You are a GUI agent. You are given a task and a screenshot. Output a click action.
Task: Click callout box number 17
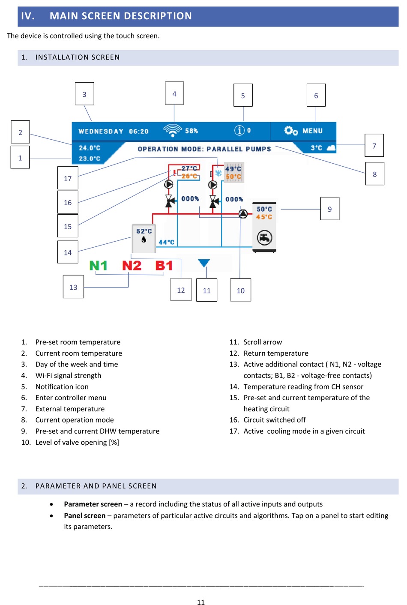pyautogui.click(x=68, y=178)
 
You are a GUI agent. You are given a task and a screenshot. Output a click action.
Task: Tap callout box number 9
pyautogui.click(x=329, y=209)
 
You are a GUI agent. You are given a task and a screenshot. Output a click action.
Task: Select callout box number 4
pyautogui.click(x=174, y=93)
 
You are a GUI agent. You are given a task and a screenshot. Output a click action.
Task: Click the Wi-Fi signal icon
pyautogui.click(x=173, y=130)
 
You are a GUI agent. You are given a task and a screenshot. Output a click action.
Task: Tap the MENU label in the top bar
pyautogui.click(x=312, y=131)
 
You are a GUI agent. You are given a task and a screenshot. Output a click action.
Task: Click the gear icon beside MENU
pyautogui.click(x=291, y=130)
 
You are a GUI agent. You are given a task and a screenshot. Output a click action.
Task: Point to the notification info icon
pyautogui.click(x=239, y=130)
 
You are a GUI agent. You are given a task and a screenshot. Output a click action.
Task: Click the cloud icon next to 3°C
pyautogui.click(x=331, y=148)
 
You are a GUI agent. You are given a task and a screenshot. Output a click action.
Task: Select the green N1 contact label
pyautogui.click(x=98, y=266)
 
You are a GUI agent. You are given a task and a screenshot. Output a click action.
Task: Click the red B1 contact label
pyautogui.click(x=164, y=266)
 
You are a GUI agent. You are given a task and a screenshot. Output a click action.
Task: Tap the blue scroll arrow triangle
pyautogui.click(x=204, y=263)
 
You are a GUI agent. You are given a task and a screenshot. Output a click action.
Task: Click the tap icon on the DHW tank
pyautogui.click(x=264, y=237)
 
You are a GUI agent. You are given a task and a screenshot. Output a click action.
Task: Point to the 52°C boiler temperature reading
pyautogui.click(x=144, y=231)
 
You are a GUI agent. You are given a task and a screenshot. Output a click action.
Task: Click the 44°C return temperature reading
pyautogui.click(x=166, y=242)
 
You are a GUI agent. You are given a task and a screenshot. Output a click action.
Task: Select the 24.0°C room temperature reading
pyautogui.click(x=90, y=148)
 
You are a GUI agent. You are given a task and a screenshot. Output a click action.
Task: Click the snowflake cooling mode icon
pyautogui.click(x=218, y=173)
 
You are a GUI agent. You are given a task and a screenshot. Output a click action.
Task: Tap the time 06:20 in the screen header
pyautogui.click(x=139, y=132)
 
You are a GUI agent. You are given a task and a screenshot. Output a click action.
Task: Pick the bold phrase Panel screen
pyautogui.click(x=84, y=515)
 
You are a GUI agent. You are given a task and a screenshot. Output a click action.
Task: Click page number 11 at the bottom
pyautogui.click(x=201, y=602)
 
